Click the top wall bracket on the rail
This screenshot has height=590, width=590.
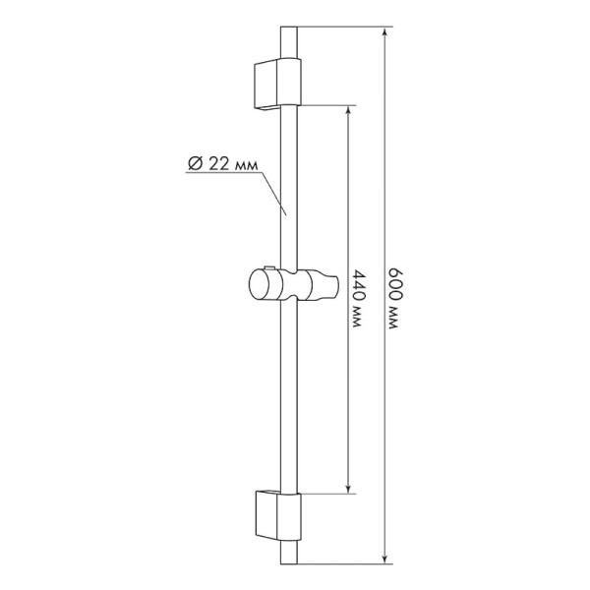(274, 84)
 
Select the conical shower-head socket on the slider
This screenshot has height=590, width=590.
(316, 286)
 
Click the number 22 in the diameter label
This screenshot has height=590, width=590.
(219, 164)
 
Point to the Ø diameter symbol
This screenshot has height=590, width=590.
(194, 164)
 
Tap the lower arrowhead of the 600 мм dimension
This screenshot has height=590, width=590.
(385, 560)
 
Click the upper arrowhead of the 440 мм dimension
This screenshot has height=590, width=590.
(349, 111)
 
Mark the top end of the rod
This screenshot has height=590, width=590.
(286, 29)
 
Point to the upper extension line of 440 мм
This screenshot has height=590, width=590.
(324, 104)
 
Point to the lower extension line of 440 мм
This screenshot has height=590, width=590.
(324, 493)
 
